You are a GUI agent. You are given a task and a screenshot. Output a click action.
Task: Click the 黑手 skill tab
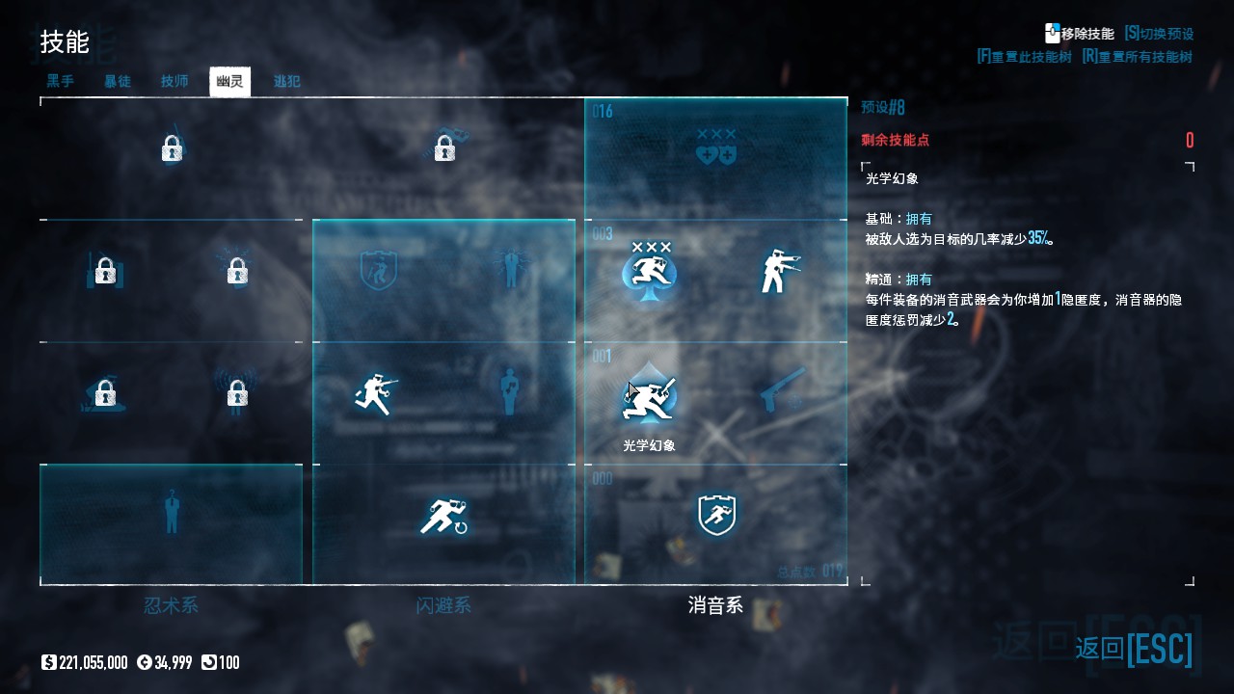(x=61, y=81)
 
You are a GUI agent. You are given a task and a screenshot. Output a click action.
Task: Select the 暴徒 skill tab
(x=118, y=81)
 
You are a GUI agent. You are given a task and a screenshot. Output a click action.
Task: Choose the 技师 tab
(x=174, y=81)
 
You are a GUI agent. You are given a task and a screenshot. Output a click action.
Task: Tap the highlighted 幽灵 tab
(x=229, y=81)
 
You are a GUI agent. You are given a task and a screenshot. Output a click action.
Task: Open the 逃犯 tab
(x=287, y=81)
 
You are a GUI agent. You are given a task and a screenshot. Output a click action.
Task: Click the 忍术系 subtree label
(x=171, y=605)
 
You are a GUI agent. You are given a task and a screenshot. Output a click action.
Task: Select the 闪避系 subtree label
(x=443, y=605)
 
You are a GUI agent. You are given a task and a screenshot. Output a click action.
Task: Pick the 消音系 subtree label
(x=715, y=605)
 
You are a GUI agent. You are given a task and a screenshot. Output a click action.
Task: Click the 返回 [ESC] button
(x=1134, y=649)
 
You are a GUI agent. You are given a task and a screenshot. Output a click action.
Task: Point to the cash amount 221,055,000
(x=93, y=662)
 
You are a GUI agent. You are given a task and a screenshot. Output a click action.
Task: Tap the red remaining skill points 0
(x=1190, y=141)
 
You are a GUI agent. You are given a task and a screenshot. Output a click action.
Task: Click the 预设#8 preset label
(x=883, y=107)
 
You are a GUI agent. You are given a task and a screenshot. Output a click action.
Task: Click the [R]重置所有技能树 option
(x=1138, y=57)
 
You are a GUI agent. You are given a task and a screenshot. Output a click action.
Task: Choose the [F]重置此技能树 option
(x=1024, y=57)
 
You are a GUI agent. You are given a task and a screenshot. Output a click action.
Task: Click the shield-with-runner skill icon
(x=716, y=516)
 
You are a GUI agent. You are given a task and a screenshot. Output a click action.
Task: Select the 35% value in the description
(x=1038, y=238)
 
